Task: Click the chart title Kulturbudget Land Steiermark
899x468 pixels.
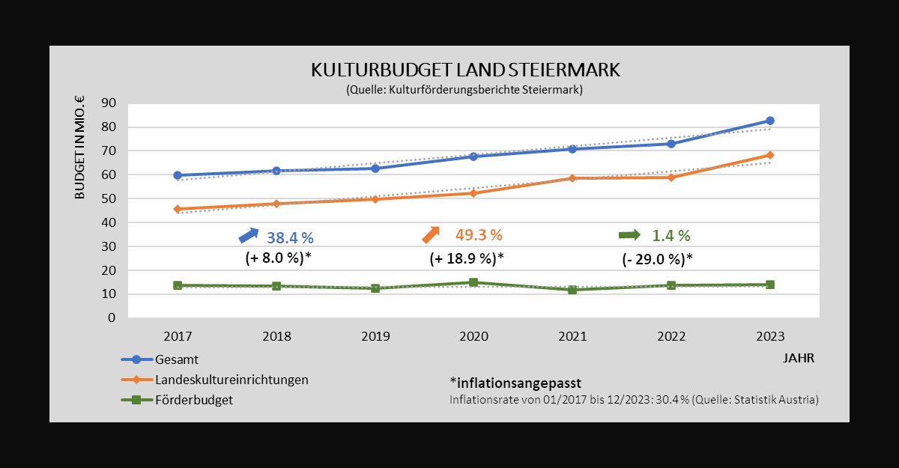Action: click(465, 70)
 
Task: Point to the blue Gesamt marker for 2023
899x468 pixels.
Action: click(769, 121)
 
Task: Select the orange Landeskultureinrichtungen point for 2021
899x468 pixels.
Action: click(572, 178)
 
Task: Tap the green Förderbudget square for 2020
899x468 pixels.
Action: click(473, 282)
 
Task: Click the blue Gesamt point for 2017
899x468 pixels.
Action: click(178, 175)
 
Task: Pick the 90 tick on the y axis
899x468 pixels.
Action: click(108, 103)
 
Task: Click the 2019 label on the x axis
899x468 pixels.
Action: click(375, 336)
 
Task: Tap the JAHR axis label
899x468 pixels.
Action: click(798, 358)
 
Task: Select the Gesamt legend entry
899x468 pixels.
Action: click(177, 359)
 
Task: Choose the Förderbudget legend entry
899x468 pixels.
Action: click(193, 400)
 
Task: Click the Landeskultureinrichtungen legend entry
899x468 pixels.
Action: click(231, 380)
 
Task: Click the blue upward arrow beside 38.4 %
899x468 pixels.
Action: click(248, 235)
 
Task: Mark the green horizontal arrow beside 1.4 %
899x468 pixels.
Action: click(629, 235)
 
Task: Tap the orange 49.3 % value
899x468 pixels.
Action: click(478, 235)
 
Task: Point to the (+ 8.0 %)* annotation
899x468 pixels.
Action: click(279, 258)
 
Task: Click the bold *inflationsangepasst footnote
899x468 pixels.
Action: click(515, 383)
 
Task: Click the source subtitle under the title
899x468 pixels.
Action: click(464, 90)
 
